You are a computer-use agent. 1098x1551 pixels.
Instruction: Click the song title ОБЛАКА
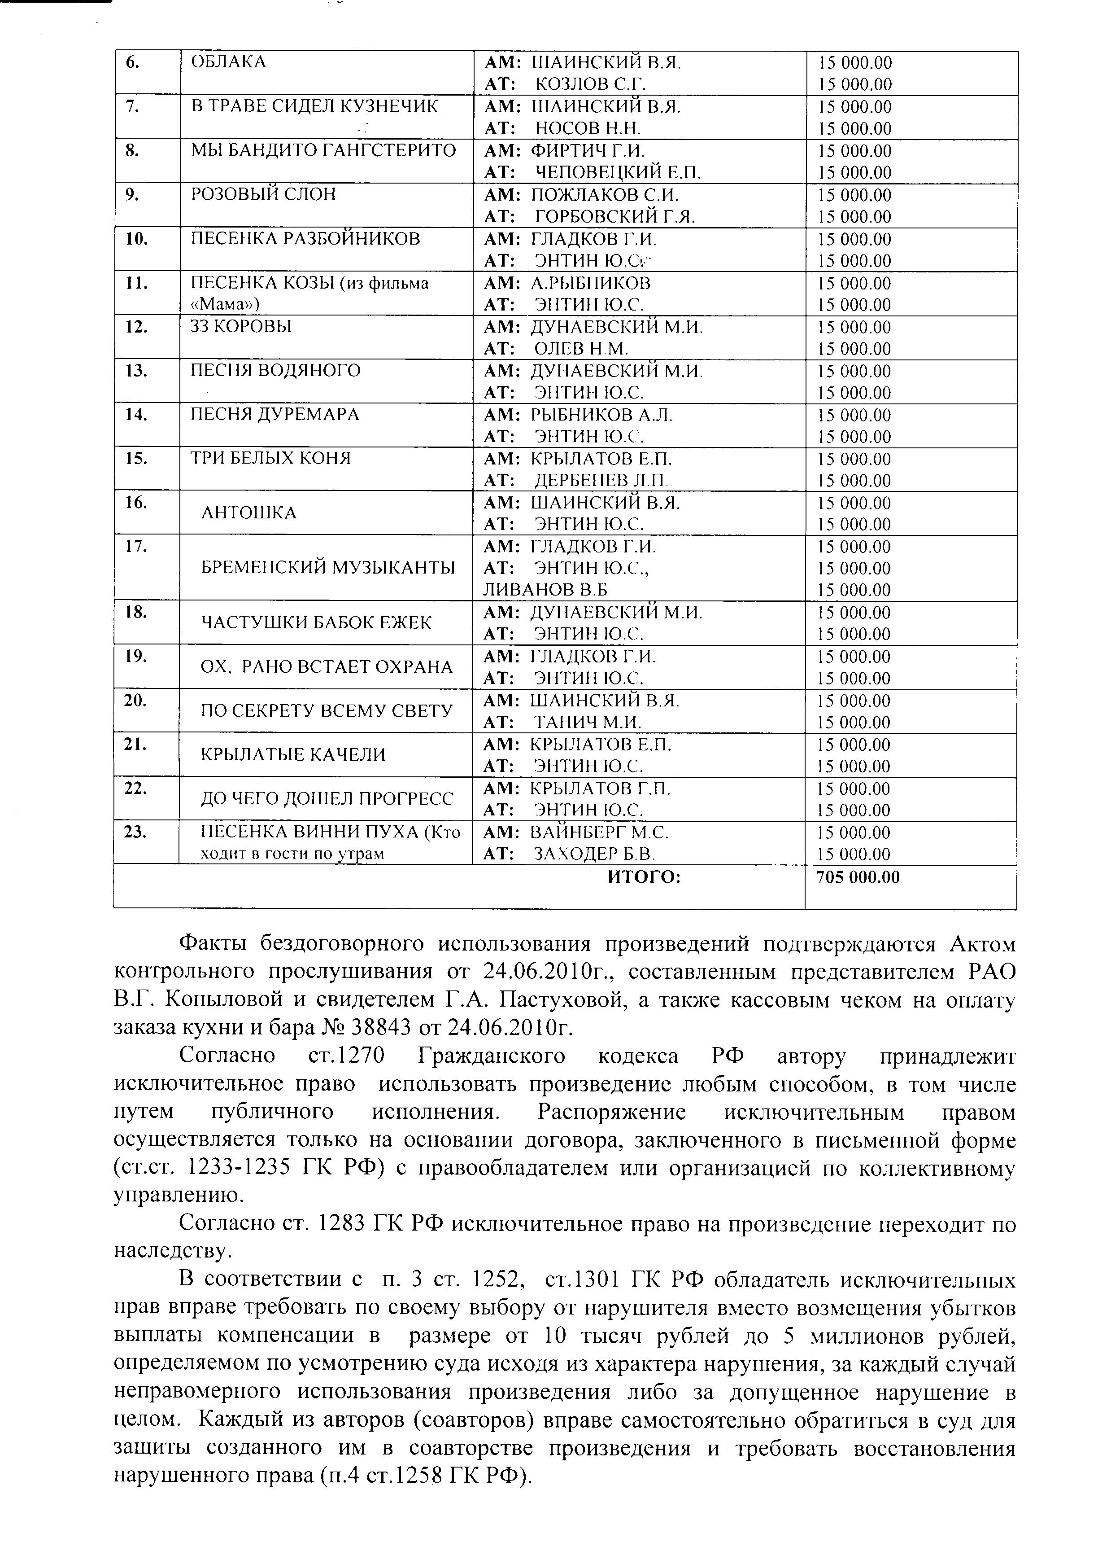point(228,62)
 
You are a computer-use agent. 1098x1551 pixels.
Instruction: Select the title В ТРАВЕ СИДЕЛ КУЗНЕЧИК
point(314,106)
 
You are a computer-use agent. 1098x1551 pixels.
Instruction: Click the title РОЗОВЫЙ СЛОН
point(263,195)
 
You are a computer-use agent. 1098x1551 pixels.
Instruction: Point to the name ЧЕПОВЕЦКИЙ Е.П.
point(618,172)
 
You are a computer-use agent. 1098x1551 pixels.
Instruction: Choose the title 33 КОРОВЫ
point(241,327)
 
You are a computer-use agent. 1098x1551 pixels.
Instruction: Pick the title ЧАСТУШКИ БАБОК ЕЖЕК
point(316,623)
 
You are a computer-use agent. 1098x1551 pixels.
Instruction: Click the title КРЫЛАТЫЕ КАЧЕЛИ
point(293,755)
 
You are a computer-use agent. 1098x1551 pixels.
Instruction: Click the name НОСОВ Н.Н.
point(588,128)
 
